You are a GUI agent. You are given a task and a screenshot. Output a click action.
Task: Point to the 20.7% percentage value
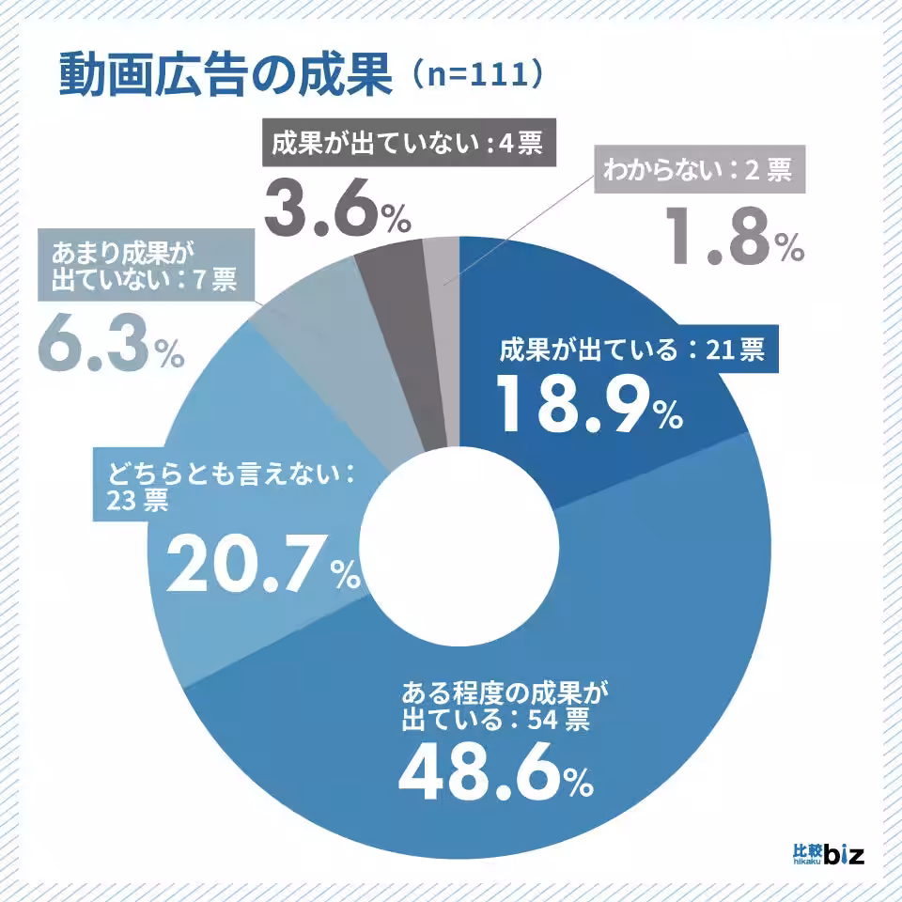262,565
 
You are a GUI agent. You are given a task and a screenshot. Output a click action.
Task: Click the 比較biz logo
828,855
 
